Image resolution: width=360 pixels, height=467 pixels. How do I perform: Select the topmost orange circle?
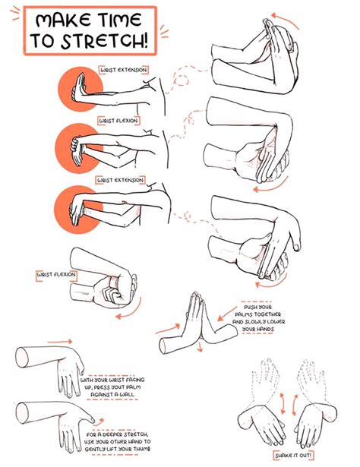78,88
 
